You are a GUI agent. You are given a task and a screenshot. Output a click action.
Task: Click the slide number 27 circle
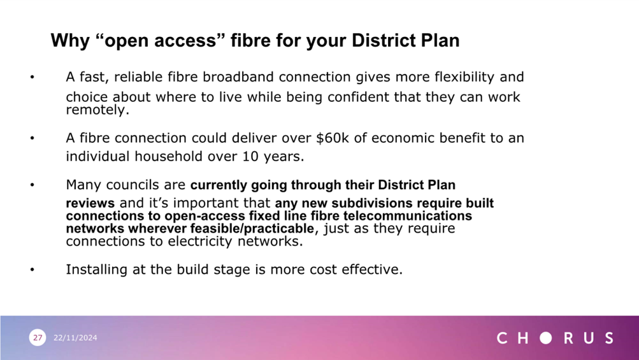tap(38, 338)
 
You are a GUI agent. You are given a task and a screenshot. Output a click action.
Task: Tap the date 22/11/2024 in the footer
tap(75, 338)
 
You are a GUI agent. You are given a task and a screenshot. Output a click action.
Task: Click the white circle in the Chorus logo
tap(546, 338)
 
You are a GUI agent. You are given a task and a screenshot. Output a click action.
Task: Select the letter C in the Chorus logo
tap(502, 338)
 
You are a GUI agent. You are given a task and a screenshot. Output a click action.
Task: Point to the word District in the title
tap(383, 40)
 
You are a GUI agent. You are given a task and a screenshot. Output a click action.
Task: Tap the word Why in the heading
tap(70, 41)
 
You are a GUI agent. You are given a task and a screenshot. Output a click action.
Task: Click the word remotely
tap(97, 110)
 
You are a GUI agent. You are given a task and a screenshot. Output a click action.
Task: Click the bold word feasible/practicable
tap(252, 228)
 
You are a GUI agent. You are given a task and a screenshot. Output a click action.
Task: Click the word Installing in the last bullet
tap(97, 270)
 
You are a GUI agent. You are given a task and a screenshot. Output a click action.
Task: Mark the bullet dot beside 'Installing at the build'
tap(32, 270)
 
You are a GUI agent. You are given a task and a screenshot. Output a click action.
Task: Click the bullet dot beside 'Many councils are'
tap(32, 185)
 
